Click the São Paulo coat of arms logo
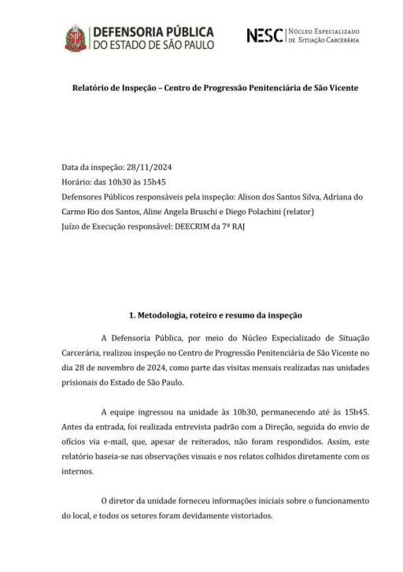76,38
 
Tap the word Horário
79,182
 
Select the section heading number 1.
132,315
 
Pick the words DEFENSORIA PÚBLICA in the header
153,32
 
